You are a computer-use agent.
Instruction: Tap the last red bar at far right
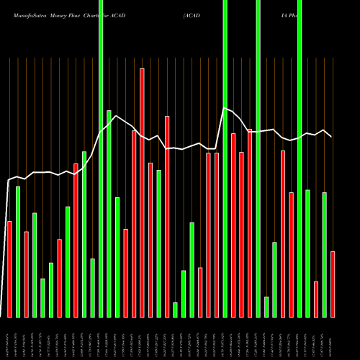[333, 284]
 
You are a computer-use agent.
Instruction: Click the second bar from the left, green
[18, 251]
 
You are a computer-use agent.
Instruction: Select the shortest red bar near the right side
[316, 299]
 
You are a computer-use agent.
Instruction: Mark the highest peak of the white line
[225, 108]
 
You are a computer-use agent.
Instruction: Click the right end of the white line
[331, 136]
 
